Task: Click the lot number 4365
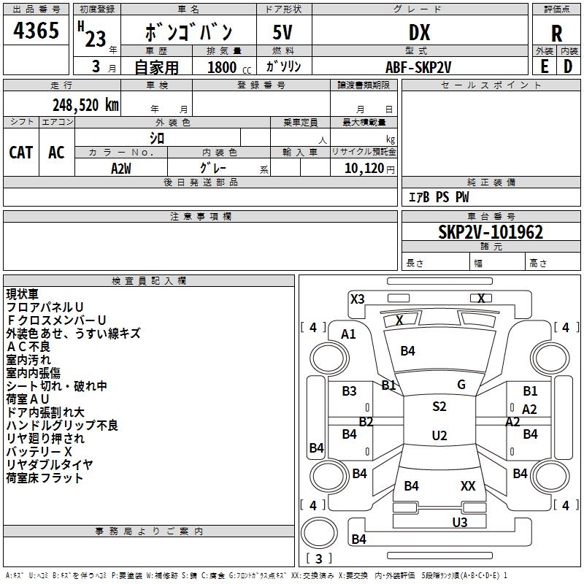tap(36, 30)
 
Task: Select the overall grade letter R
tap(556, 34)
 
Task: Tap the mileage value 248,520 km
tap(85, 105)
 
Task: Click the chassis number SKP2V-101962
tap(491, 232)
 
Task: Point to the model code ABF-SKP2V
tap(418, 67)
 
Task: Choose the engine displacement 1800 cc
tap(229, 67)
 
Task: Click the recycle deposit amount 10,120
tap(364, 169)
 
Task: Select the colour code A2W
tap(121, 169)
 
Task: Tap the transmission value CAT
tap(21, 153)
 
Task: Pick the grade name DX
tap(419, 33)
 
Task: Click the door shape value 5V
tap(283, 32)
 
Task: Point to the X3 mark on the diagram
tap(358, 299)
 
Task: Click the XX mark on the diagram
tap(468, 485)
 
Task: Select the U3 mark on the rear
tap(460, 522)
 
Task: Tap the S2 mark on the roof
tap(439, 407)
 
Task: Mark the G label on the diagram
tap(461, 385)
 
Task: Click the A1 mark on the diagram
tap(348, 334)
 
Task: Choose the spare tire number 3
tap(318, 558)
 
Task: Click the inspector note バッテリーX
tap(39, 451)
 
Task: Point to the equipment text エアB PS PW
tap(439, 197)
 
